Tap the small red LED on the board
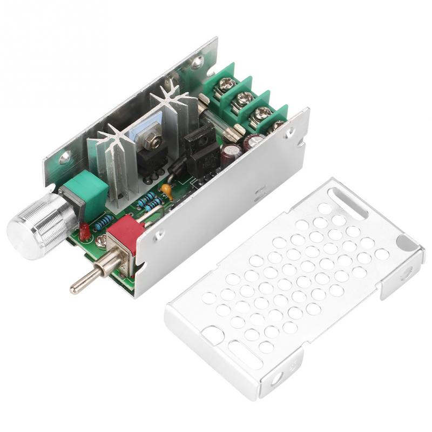point(84,232)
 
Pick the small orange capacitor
point(168,191)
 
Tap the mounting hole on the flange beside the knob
point(65,158)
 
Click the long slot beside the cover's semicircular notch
point(348,202)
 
